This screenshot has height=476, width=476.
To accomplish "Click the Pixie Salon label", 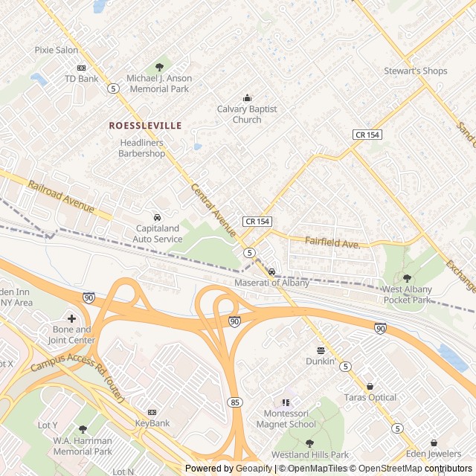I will tap(57, 50).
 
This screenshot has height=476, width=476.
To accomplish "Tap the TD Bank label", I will tap(81, 78).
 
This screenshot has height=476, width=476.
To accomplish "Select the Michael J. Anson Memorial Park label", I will tap(159, 83).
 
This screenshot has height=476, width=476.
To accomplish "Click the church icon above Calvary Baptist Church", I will tap(247, 97).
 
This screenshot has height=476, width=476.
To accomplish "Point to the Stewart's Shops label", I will tap(416, 71).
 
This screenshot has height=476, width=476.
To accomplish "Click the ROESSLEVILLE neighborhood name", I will tap(145, 126).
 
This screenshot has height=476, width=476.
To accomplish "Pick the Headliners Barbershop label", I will tap(141, 148).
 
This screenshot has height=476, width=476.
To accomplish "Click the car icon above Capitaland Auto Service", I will tap(157, 217).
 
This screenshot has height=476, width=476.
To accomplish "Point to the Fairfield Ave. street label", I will tap(332, 242).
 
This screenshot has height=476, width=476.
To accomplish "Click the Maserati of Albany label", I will tap(271, 283).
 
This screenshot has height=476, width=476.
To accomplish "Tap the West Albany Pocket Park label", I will tap(407, 295).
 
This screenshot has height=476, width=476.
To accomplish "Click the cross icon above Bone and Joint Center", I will tap(72, 318).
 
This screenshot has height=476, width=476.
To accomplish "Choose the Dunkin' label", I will tap(321, 361).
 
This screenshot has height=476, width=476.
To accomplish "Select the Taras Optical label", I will tap(370, 397).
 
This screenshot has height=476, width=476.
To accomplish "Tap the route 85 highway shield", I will tap(236, 402).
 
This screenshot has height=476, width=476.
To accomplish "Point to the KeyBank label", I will tap(152, 422).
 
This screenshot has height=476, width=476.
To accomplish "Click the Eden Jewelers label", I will tap(434, 454).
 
